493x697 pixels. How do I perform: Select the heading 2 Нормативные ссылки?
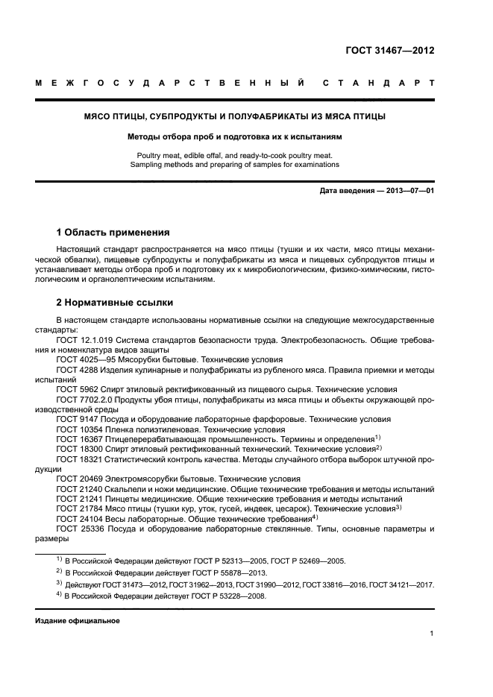115,303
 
